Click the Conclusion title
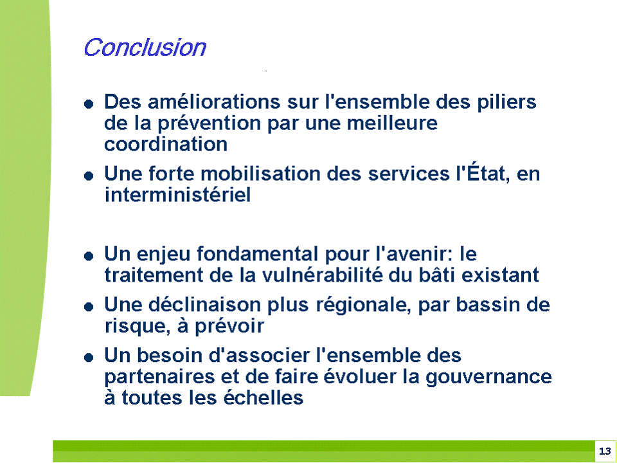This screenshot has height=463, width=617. tap(145, 48)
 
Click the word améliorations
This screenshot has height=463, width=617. tap(214, 102)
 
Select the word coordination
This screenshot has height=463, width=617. tap(166, 144)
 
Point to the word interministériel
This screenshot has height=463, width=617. tap(177, 194)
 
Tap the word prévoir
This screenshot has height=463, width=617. tap(229, 327)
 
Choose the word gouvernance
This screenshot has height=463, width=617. tap(488, 377)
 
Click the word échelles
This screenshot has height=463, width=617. tap(264, 397)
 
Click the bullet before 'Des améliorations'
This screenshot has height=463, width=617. tap(89, 104)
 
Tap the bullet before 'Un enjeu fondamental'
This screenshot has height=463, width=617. tap(89, 257)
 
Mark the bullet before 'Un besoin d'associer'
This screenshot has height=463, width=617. tap(89, 358)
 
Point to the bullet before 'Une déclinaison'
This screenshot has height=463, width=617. tap(89, 307)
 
